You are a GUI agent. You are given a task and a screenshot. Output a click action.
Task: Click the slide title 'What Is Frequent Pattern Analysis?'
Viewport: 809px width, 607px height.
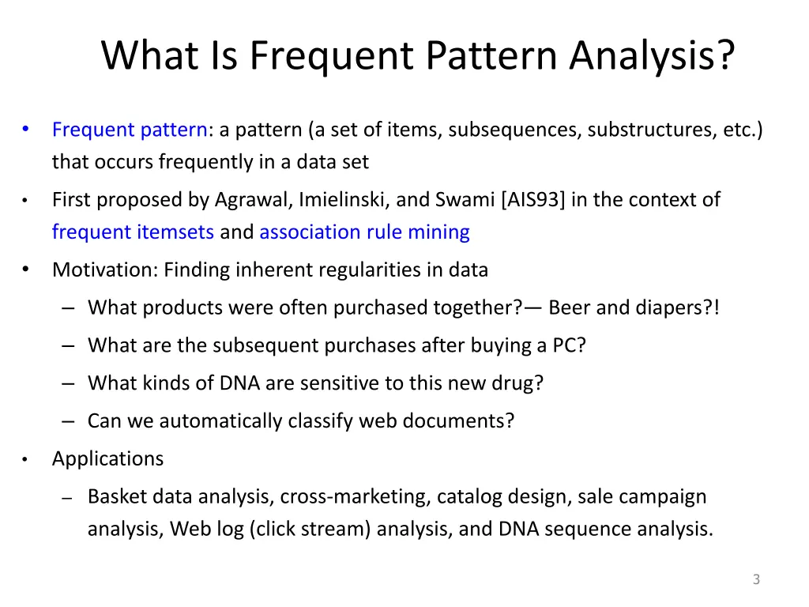(418, 56)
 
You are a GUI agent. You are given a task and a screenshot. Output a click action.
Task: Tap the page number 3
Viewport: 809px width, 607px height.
(756, 579)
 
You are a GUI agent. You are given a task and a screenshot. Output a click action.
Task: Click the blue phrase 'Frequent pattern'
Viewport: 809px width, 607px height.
(130, 130)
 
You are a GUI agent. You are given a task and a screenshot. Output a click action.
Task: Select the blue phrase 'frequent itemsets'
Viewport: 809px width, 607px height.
(133, 232)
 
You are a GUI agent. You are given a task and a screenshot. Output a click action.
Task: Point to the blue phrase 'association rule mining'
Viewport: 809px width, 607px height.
(364, 232)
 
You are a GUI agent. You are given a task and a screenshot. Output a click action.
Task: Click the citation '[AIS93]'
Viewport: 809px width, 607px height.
(533, 199)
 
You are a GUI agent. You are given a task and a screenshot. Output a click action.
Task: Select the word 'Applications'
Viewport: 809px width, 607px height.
(107, 458)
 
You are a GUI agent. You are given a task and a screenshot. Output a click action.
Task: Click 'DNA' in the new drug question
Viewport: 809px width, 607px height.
(240, 383)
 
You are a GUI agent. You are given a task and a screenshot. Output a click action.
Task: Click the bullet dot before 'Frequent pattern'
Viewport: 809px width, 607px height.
(25, 129)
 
